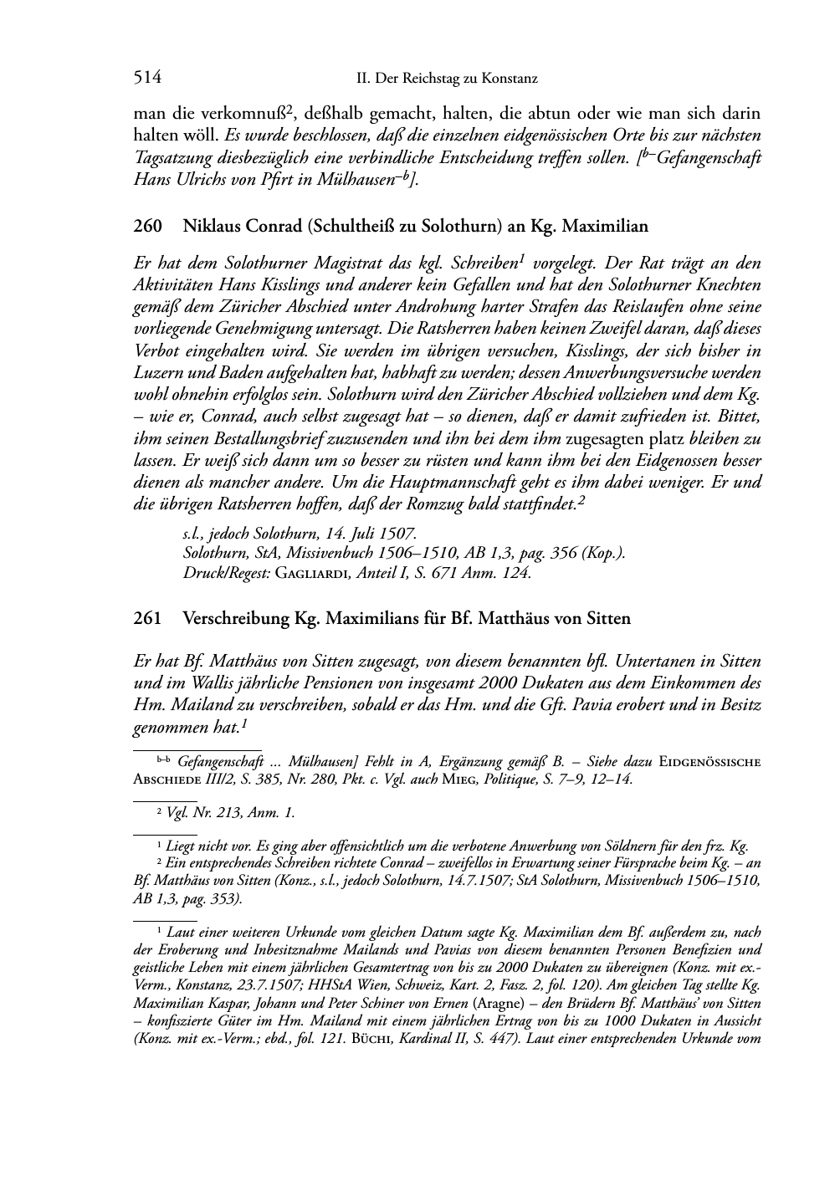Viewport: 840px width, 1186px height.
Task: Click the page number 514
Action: click(x=147, y=79)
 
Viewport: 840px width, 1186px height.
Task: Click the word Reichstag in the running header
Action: click(x=431, y=79)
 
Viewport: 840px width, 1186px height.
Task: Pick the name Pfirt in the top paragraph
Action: click(x=292, y=178)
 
